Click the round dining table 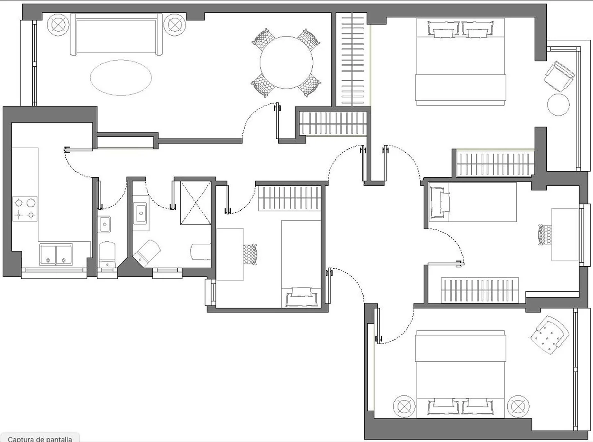[x=286, y=63]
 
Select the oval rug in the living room [x=121, y=78]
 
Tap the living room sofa [x=116, y=34]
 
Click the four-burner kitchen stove [x=25, y=209]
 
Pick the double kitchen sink [x=56, y=254]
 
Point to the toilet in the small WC [x=107, y=255]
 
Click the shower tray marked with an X [x=195, y=203]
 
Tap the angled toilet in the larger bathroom [x=146, y=253]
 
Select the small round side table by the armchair [x=559, y=105]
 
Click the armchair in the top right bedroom [x=559, y=77]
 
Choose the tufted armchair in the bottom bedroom [x=550, y=335]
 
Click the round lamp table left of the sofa [x=58, y=25]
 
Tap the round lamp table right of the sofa [x=175, y=25]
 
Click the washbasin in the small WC [x=104, y=224]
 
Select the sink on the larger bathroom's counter [x=141, y=214]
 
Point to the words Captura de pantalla [x=40, y=439]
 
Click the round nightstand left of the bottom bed [x=404, y=407]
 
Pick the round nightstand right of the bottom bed [x=518, y=407]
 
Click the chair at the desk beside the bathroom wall [x=250, y=254]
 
